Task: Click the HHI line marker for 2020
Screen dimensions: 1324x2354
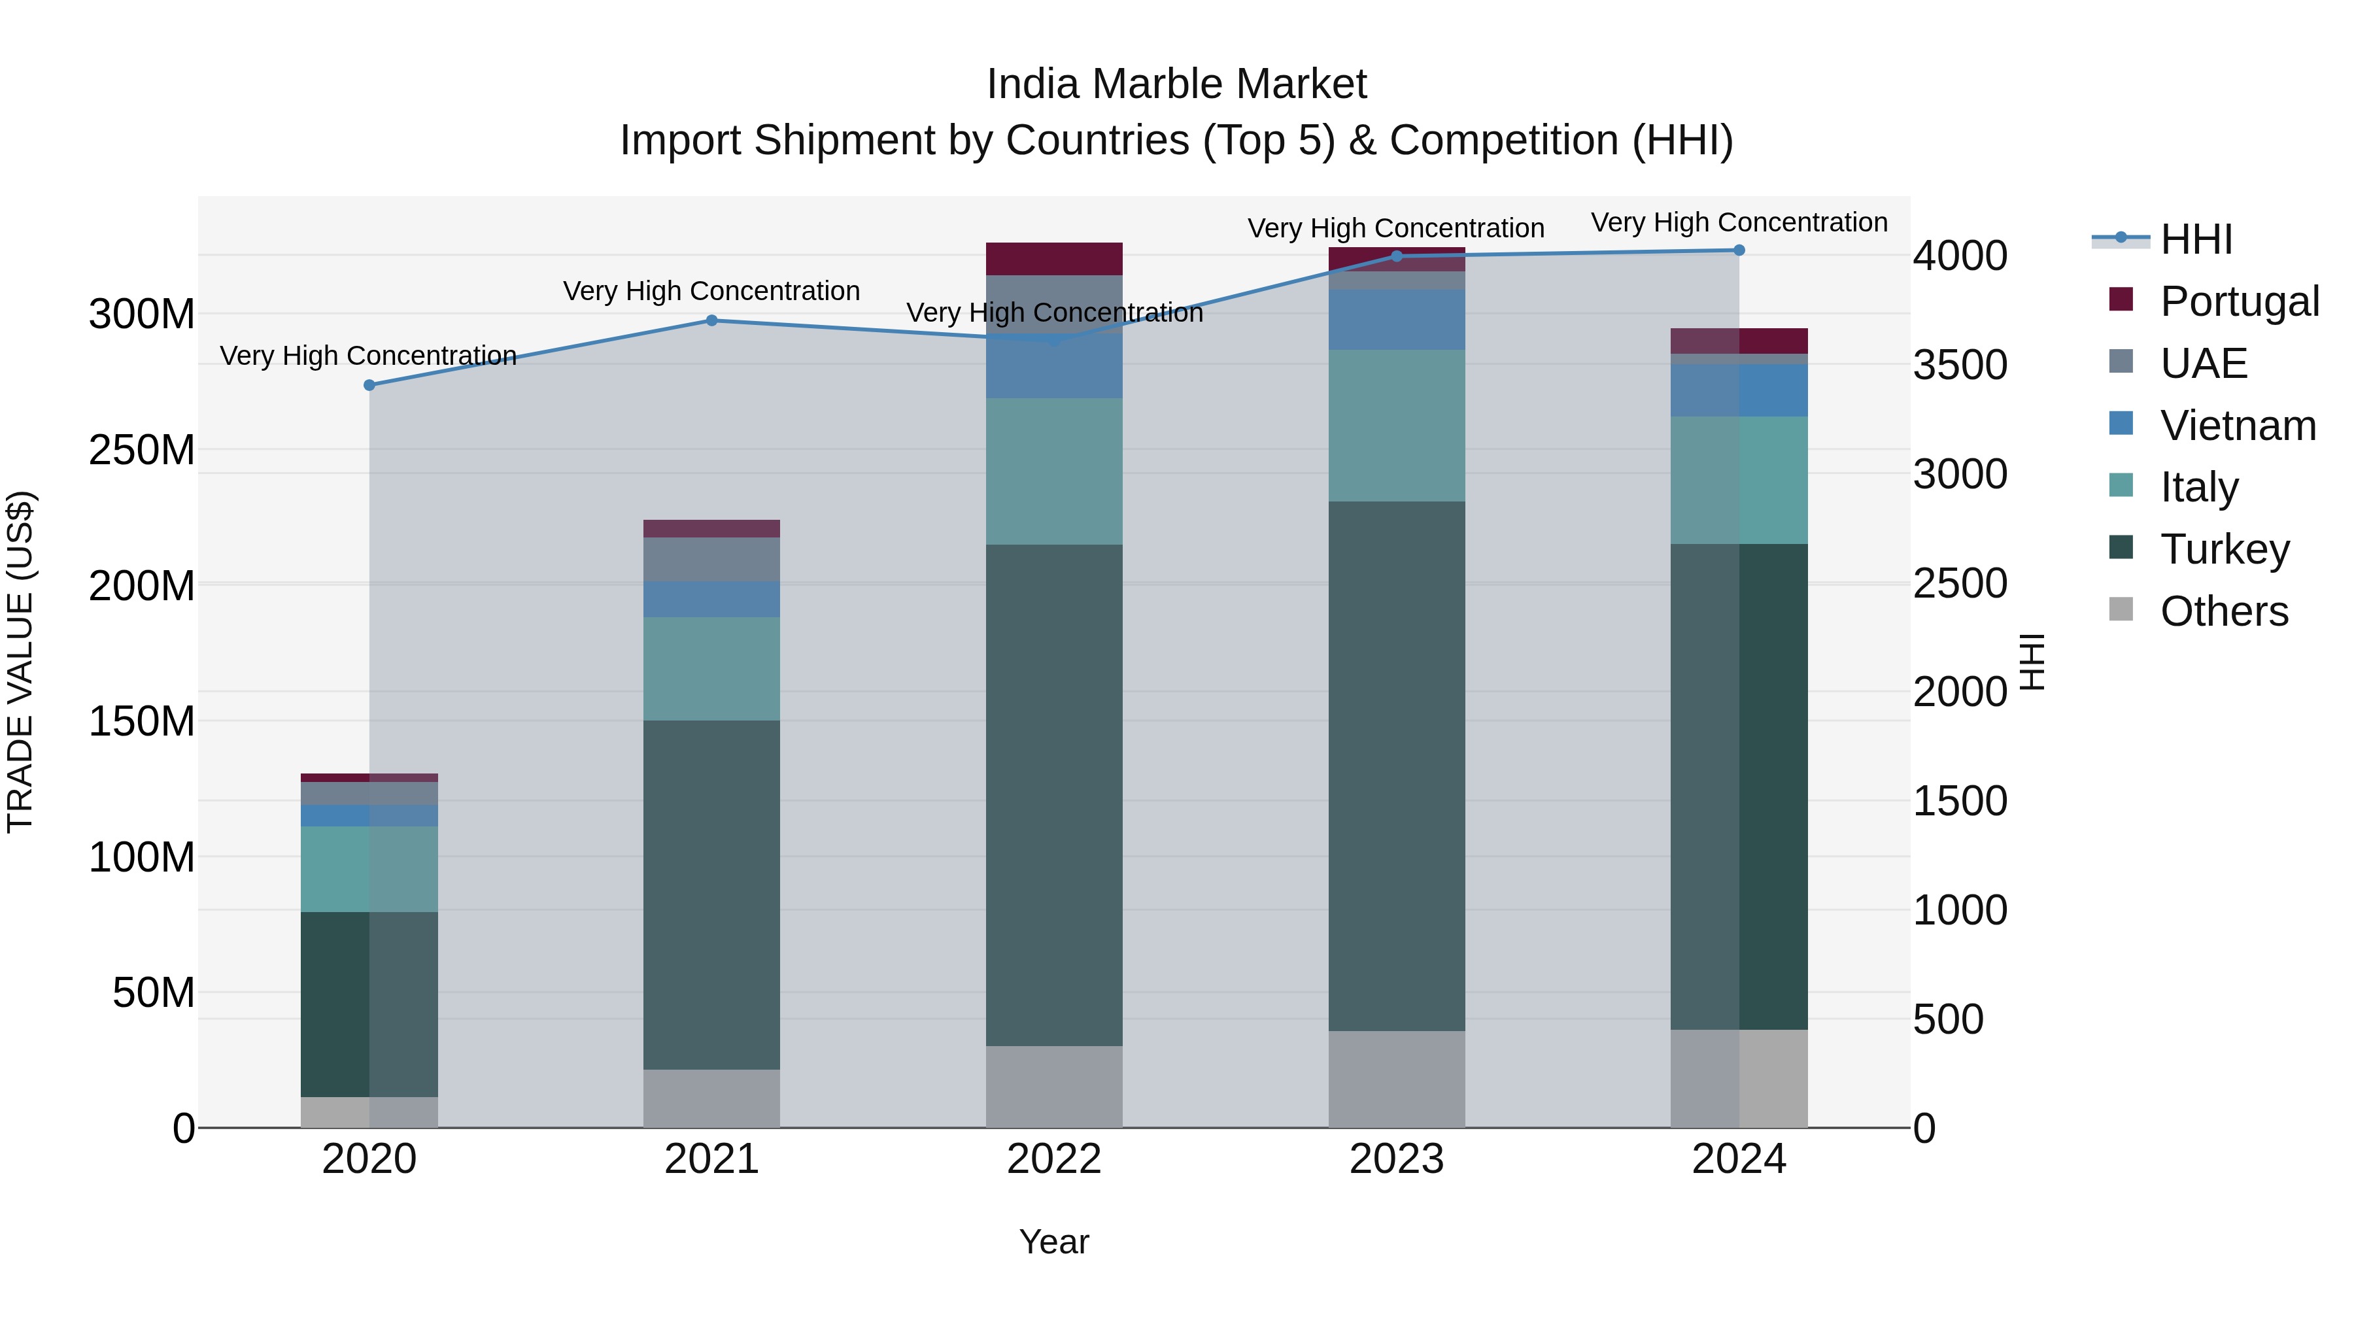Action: [x=369, y=386]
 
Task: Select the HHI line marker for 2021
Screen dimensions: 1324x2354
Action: [x=712, y=321]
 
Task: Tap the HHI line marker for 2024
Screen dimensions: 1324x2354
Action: [x=1739, y=250]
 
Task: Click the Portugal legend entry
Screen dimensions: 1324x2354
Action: [x=2239, y=301]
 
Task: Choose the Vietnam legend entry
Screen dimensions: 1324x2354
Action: [x=2237, y=425]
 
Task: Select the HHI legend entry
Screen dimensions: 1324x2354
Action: [x=2196, y=239]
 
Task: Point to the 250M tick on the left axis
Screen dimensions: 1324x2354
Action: [x=142, y=450]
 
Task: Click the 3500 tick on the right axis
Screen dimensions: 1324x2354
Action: [x=1960, y=365]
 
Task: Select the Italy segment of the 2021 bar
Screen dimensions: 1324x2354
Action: [x=712, y=669]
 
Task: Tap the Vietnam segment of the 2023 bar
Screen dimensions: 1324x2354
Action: [x=1396, y=320]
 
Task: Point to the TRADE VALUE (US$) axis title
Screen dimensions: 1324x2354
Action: [x=20, y=662]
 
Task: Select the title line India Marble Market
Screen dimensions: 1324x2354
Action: [x=1176, y=84]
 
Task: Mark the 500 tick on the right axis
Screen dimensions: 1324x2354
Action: [x=1949, y=1019]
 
